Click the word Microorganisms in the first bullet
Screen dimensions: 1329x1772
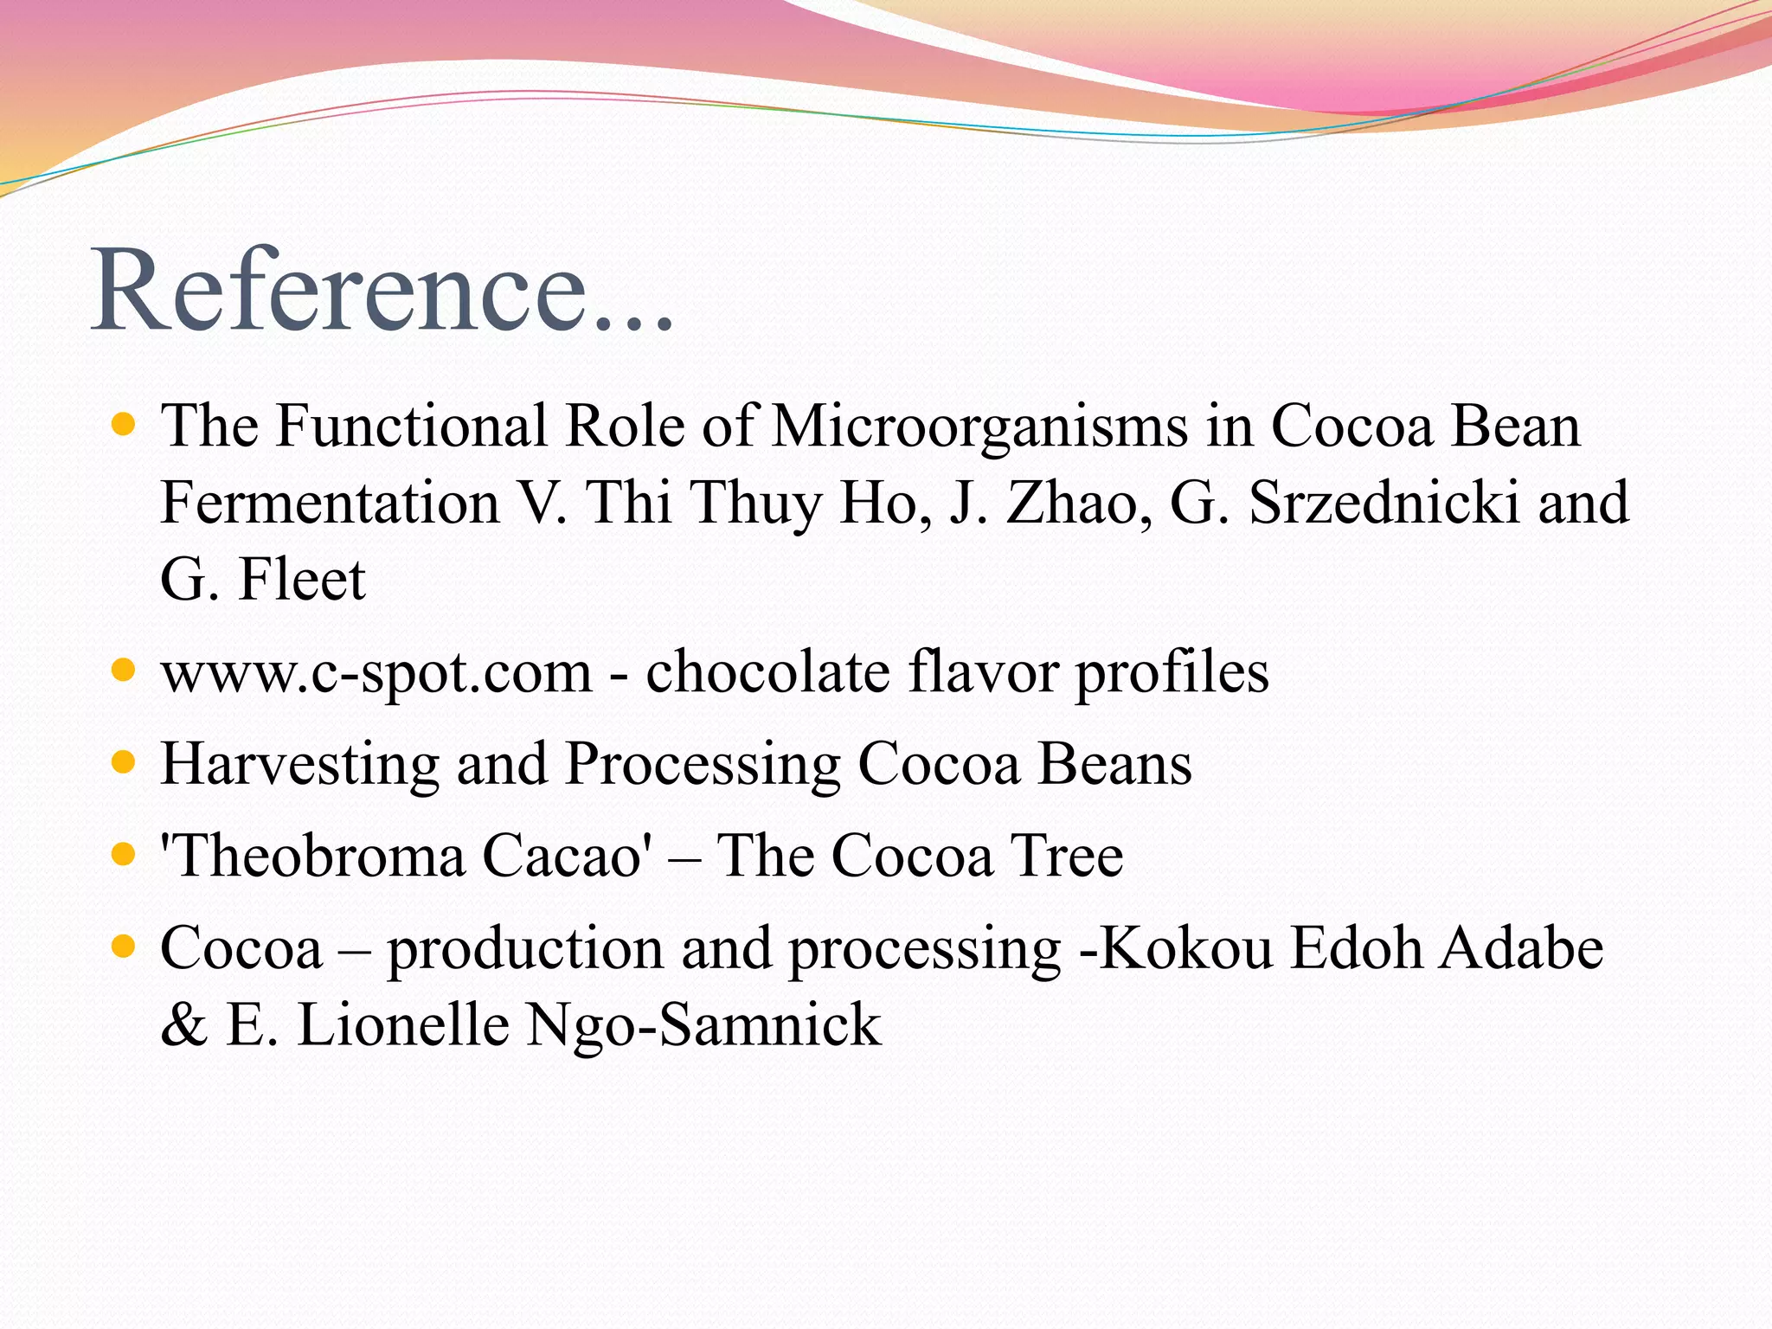tap(979, 426)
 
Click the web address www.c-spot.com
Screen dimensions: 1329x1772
tap(376, 673)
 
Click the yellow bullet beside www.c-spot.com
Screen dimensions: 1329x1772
tap(125, 670)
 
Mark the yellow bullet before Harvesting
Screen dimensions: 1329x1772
tap(125, 762)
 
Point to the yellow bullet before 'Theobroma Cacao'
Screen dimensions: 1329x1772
tap(125, 855)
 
